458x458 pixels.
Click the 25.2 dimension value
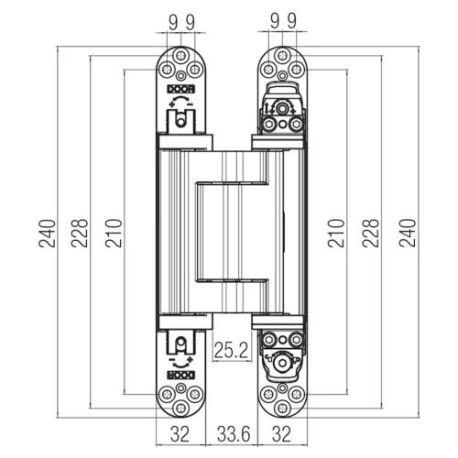tap(231, 350)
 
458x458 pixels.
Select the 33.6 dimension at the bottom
tap(234, 434)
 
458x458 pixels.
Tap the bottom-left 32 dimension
tap(180, 434)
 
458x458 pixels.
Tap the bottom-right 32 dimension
tap(281, 434)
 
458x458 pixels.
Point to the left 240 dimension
tap(48, 233)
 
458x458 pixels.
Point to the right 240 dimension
tap(408, 233)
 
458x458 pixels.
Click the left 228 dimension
tap(80, 233)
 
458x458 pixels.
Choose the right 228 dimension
tap(371, 233)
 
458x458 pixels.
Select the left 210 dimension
tap(114, 233)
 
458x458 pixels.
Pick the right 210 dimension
tap(336, 233)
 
